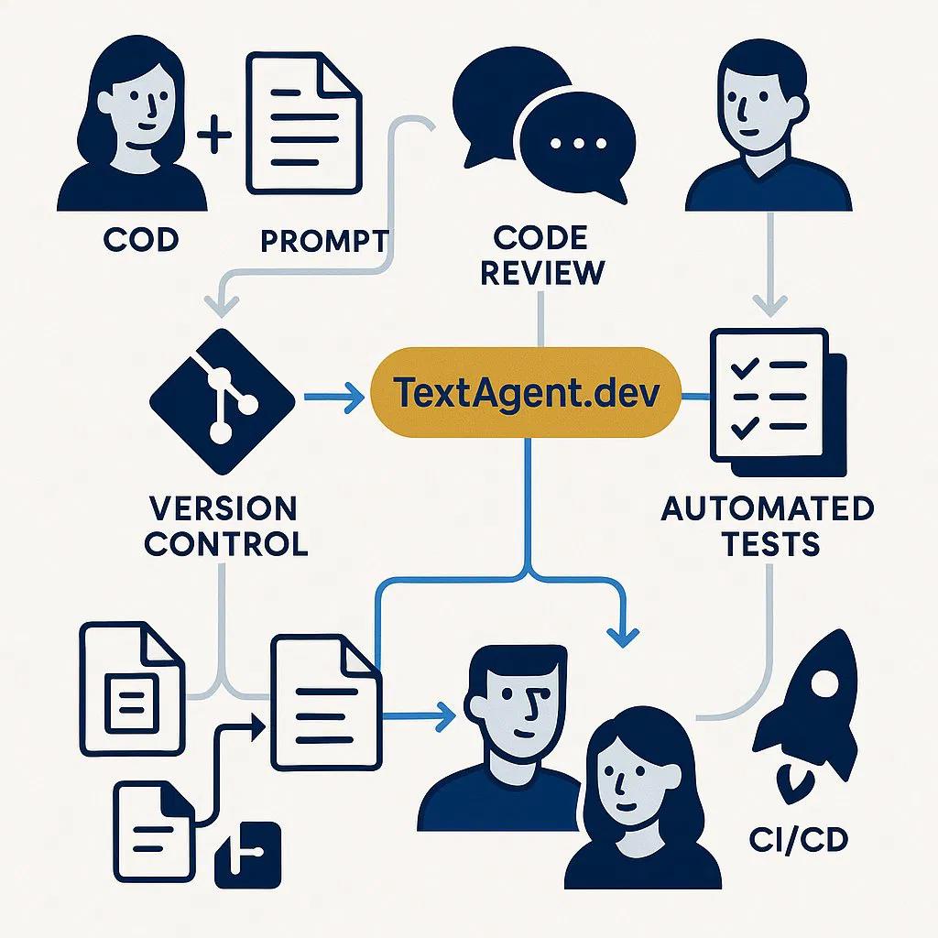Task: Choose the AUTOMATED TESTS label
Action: [x=768, y=526]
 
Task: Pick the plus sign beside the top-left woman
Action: [x=216, y=137]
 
